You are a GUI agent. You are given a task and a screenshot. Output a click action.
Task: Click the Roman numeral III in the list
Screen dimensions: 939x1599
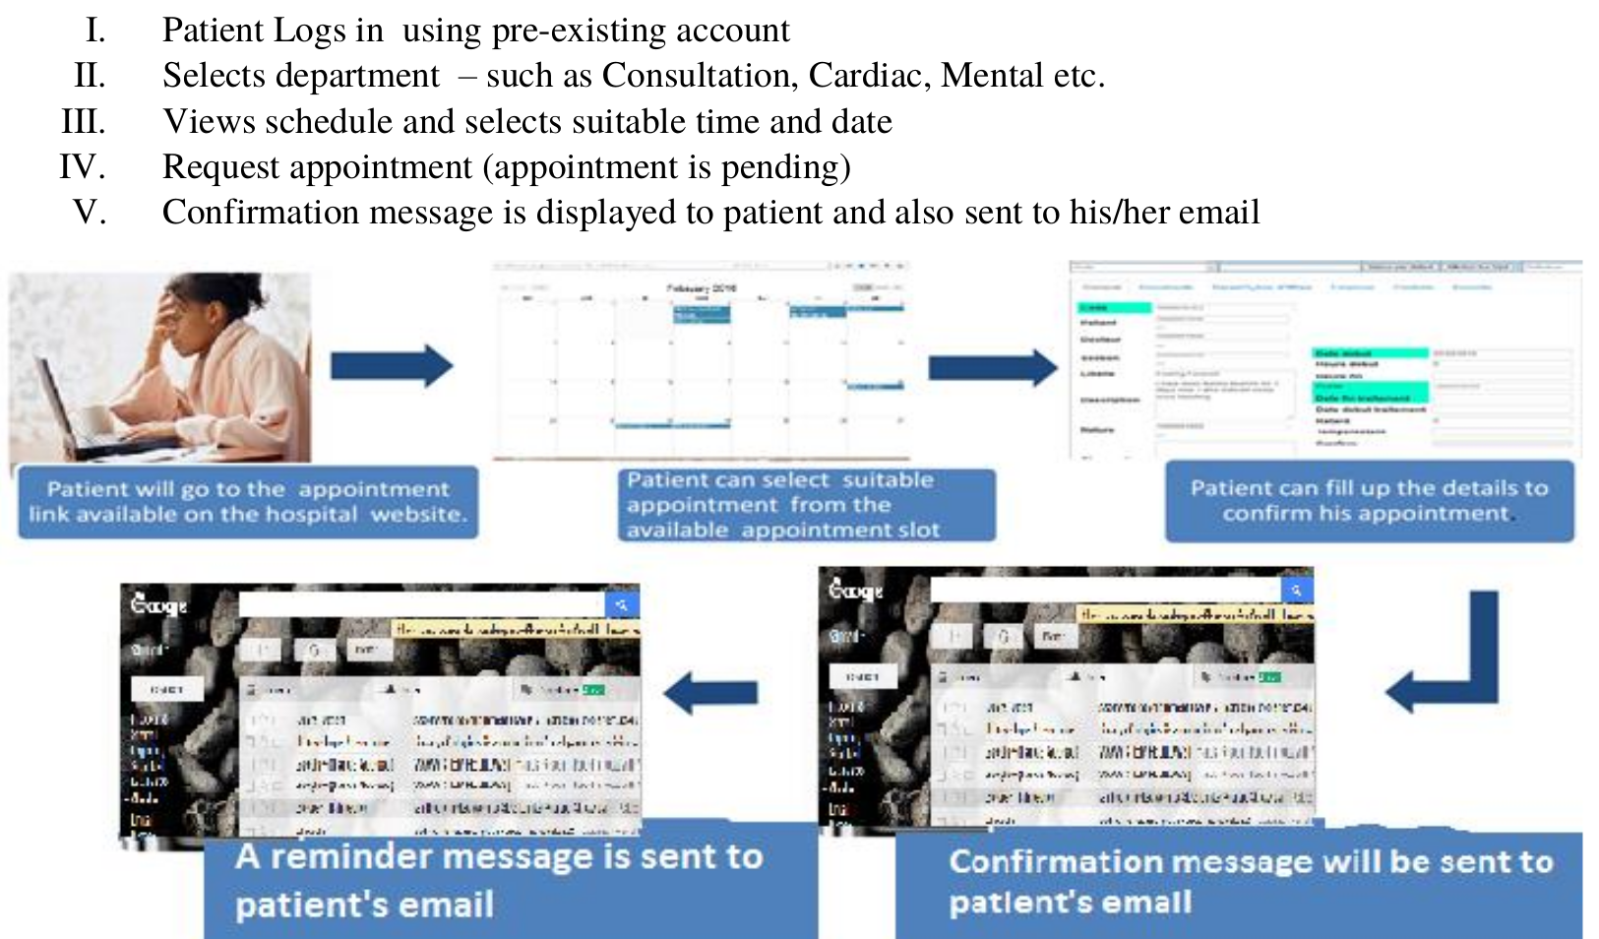[83, 122]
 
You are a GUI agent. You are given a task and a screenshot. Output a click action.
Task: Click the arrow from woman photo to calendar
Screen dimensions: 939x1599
[391, 366]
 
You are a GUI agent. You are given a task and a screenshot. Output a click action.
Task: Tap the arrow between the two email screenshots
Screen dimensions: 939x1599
[710, 692]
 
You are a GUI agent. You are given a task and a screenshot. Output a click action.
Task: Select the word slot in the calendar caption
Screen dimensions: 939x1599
[918, 530]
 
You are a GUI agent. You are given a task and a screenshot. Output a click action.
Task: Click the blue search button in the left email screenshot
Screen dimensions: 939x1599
[622, 603]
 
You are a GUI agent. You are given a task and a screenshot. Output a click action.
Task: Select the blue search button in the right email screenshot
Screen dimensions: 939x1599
[1297, 590]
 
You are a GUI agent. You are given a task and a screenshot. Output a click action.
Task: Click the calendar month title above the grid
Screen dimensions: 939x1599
[702, 288]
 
